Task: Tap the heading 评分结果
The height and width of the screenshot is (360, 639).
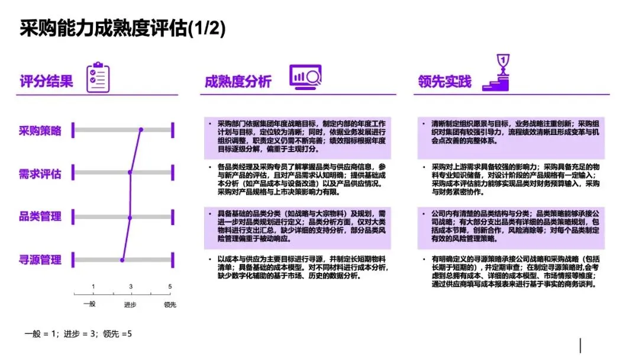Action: point(46,81)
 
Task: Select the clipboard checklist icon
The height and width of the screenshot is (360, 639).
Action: point(98,78)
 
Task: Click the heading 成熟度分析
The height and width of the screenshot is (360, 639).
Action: point(237,81)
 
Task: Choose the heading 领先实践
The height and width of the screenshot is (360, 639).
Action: point(444,81)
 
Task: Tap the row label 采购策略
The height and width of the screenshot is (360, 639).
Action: point(40,131)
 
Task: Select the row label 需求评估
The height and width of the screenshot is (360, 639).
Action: point(40,173)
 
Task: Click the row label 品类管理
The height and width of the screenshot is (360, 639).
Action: point(40,216)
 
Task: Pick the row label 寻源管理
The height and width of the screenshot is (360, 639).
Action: point(40,259)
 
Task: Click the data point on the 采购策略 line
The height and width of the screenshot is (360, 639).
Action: point(141,130)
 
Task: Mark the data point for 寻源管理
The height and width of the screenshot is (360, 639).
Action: point(122,259)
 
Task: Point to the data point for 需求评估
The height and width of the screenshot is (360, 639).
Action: point(130,173)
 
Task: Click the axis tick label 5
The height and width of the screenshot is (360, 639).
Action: point(170,287)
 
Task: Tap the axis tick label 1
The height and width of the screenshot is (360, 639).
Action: point(93,287)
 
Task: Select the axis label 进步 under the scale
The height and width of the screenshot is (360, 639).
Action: point(130,305)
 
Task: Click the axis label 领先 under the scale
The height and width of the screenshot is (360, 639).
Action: point(170,305)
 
